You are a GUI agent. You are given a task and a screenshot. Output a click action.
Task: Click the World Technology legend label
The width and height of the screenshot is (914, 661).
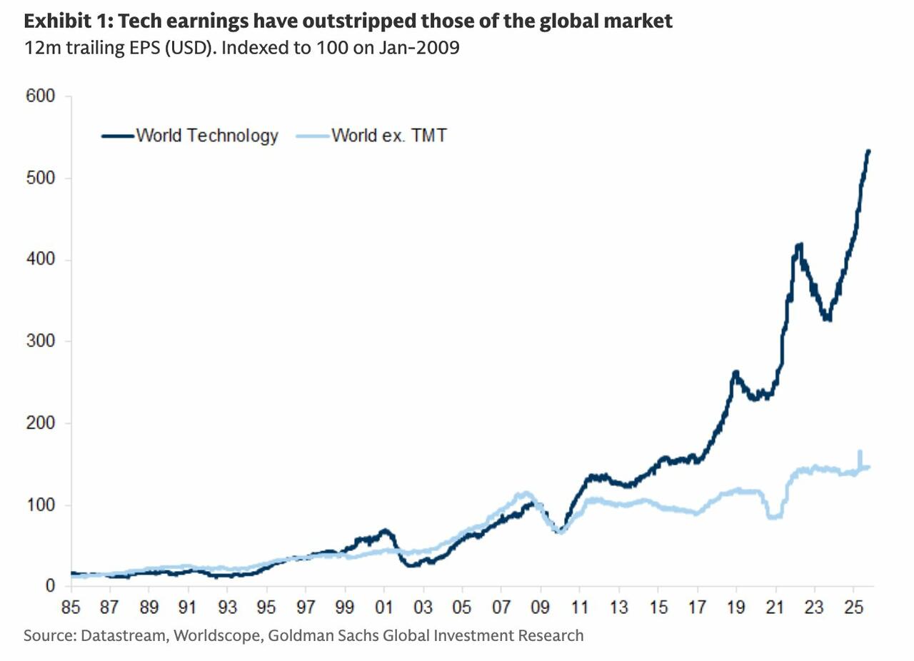tap(206, 135)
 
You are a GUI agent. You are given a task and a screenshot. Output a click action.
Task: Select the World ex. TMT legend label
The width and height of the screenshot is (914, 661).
tap(388, 135)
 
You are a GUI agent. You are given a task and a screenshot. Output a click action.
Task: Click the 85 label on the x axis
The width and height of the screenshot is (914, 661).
tap(71, 608)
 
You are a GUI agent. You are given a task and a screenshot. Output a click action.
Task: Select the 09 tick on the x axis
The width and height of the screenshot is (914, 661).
tap(541, 608)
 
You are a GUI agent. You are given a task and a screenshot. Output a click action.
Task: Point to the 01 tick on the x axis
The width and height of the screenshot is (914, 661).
tap(384, 608)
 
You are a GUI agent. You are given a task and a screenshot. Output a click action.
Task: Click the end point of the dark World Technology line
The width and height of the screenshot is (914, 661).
tap(868, 151)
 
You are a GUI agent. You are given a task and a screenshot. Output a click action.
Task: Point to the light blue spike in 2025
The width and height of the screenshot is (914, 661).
tap(860, 452)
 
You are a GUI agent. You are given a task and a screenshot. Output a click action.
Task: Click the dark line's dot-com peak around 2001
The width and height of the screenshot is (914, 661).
tap(385, 530)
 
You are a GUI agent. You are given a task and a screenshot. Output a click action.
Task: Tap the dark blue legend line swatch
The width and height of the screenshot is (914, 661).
tap(117, 135)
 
